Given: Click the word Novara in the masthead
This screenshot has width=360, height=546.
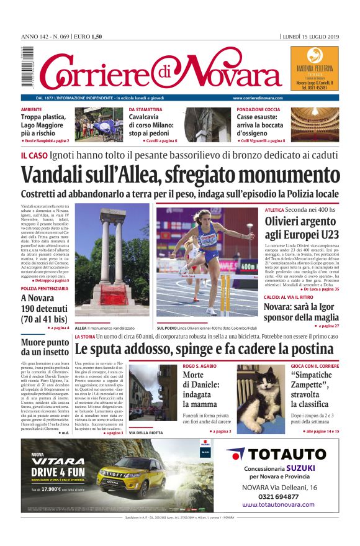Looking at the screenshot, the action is click(215, 73).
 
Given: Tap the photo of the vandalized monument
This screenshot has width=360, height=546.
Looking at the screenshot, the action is click(111, 261).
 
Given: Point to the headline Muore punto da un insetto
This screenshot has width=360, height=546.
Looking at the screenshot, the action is click(45, 347).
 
